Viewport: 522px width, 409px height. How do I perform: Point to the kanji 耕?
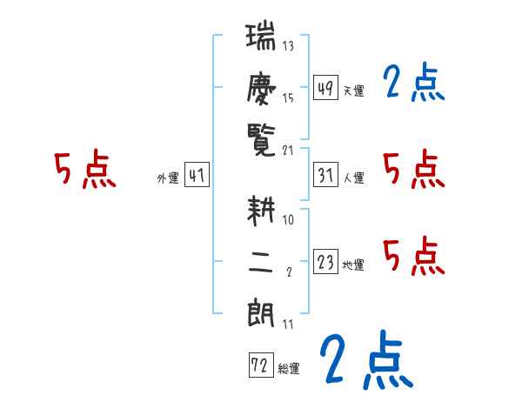click(x=262, y=213)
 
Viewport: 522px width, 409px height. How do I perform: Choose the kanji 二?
click(x=262, y=262)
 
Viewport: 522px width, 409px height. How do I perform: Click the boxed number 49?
click(x=325, y=88)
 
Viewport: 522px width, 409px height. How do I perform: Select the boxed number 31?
click(x=325, y=176)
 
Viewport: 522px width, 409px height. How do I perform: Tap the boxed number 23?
click(x=325, y=263)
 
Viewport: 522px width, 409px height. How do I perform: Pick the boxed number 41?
click(x=197, y=177)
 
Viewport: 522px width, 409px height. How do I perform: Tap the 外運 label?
click(x=167, y=178)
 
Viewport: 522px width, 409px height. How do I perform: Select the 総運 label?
click(x=289, y=369)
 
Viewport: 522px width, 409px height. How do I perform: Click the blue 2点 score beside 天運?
click(x=413, y=84)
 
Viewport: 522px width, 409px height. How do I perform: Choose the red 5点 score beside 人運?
click(x=413, y=170)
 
